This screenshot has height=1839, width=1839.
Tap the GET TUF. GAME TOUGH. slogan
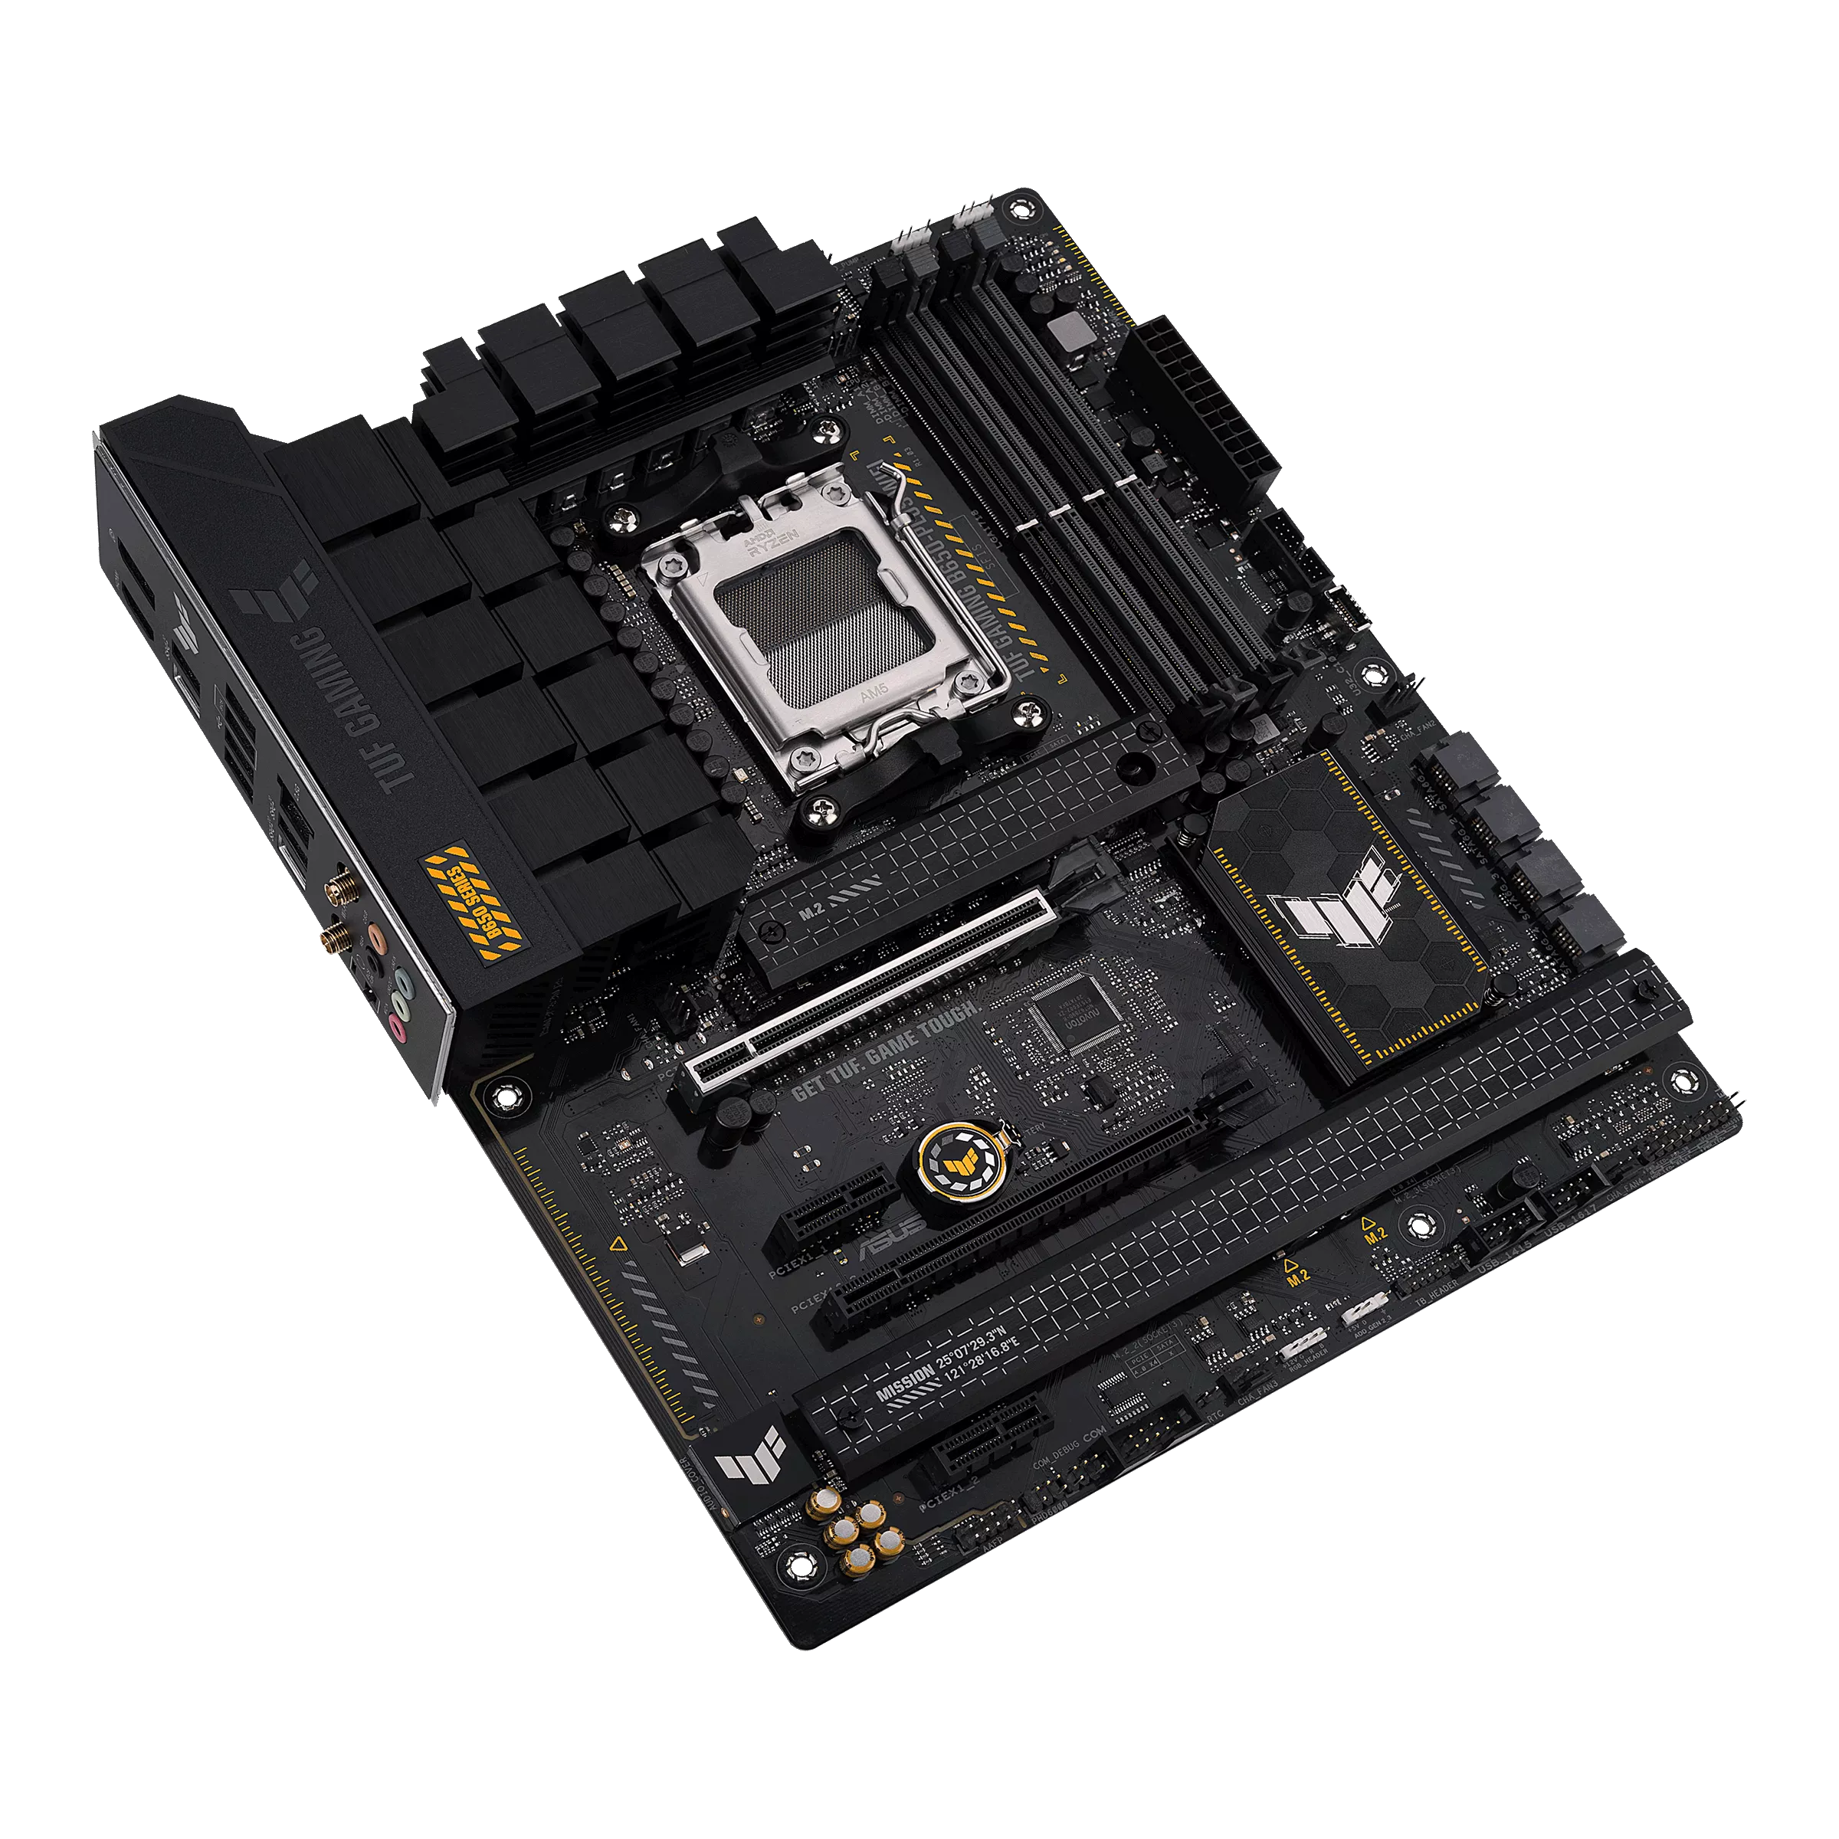point(884,1050)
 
